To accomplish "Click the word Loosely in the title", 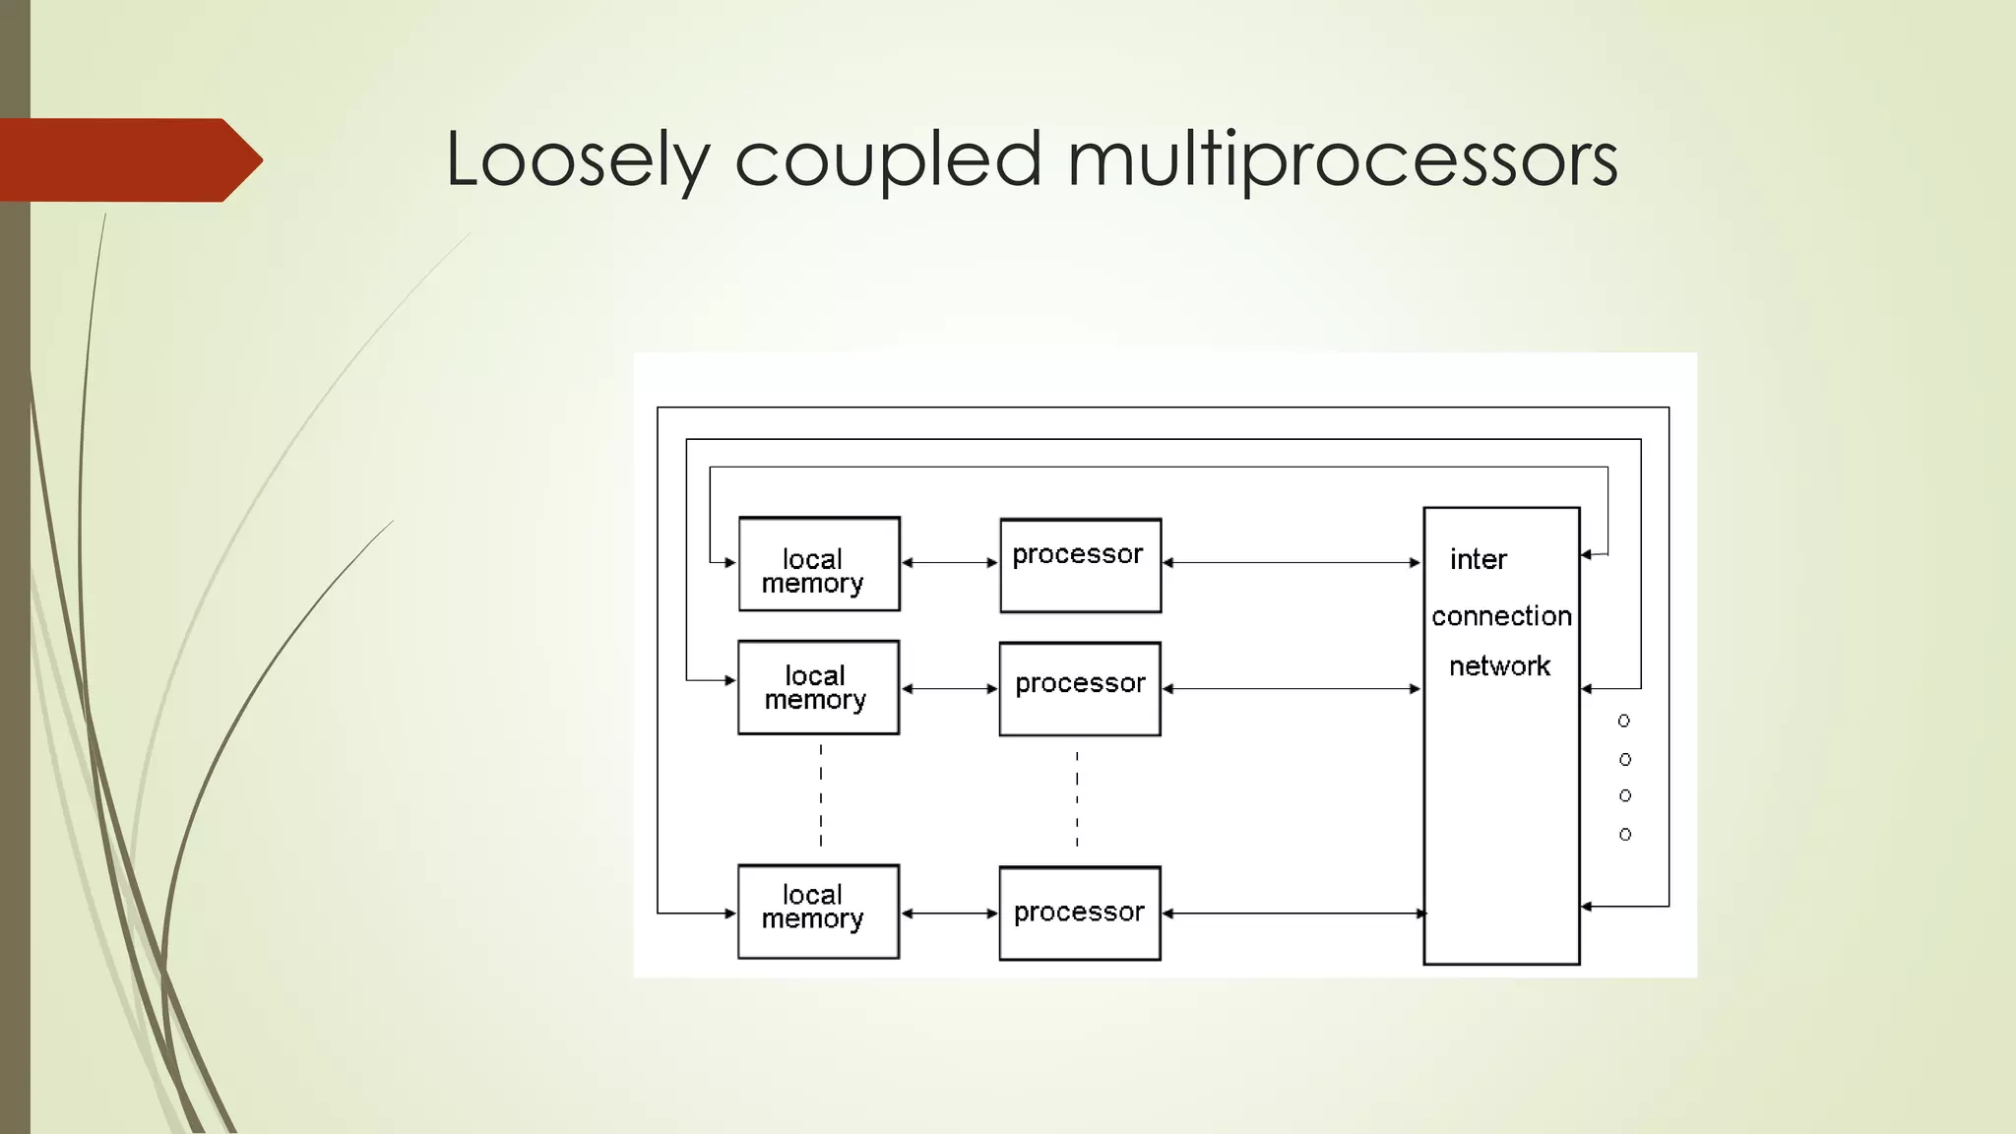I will [x=577, y=159].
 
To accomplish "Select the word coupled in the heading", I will [x=887, y=159].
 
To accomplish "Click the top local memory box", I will [x=819, y=564].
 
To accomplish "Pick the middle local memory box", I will [x=818, y=687].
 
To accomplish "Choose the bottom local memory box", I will [x=818, y=912].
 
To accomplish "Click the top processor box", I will [x=1080, y=566].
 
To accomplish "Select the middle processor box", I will [x=1080, y=689].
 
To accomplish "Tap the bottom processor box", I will [x=1080, y=913].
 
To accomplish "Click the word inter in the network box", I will [x=1478, y=559].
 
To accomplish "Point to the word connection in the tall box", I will [x=1501, y=616].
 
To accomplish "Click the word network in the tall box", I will [x=1499, y=666].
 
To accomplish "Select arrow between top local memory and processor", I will [x=950, y=563].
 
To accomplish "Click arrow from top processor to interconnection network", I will [x=1291, y=563].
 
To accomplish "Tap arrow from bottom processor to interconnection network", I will [x=1291, y=913].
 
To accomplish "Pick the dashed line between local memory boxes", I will [x=821, y=795].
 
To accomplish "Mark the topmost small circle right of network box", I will [x=1624, y=722].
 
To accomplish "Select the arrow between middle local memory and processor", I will [x=950, y=689].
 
